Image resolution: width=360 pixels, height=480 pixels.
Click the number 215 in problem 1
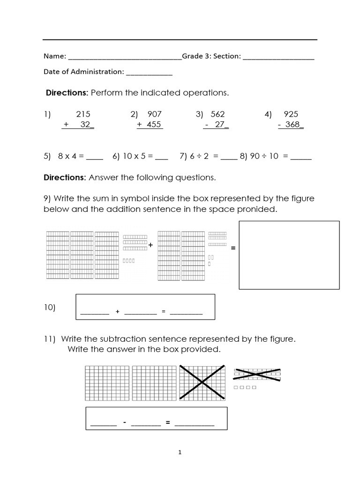pyautogui.click(x=83, y=114)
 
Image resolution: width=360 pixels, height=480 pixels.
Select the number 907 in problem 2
pyautogui.click(x=154, y=114)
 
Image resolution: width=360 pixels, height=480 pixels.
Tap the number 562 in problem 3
pyautogui.click(x=217, y=114)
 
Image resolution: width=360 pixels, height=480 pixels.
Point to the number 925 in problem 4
pyautogui.click(x=291, y=114)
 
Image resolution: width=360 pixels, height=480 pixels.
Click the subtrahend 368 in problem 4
pyautogui.click(x=292, y=125)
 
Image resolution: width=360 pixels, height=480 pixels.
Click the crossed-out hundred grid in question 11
pyautogui.click(x=202, y=383)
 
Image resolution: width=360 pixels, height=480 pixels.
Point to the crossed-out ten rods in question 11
pyautogui.click(x=257, y=373)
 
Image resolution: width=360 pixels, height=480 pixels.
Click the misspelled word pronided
pyautogui.click(x=261, y=209)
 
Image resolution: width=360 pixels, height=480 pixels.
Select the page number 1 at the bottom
pyautogui.click(x=180, y=452)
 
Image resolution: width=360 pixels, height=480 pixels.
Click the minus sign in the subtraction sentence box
pyautogui.click(x=125, y=423)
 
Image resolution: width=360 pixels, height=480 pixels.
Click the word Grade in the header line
pyautogui.click(x=193, y=56)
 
